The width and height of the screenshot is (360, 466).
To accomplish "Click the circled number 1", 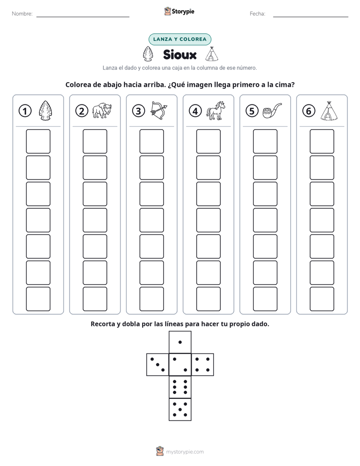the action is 25,111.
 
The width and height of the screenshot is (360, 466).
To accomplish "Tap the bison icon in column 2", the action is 101,110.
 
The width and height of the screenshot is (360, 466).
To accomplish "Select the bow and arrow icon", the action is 159,110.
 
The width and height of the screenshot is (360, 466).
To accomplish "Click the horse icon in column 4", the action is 216,110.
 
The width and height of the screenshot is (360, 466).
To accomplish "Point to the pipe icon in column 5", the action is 272,110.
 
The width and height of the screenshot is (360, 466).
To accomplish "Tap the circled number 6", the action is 309,111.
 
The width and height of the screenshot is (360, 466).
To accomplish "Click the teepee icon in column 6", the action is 329,110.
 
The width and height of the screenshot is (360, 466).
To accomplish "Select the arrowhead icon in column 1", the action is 45,110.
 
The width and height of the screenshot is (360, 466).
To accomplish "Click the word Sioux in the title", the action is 179,54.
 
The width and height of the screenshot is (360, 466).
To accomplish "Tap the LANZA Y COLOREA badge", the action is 179,39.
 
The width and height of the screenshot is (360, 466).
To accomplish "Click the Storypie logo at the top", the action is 179,11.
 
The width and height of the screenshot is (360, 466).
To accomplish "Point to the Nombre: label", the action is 22,14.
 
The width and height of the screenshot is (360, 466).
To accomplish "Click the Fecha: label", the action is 257,14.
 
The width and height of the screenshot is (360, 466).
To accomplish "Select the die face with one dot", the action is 180,342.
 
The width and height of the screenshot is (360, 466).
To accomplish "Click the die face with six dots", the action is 180,387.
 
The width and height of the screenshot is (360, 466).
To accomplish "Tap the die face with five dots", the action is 180,409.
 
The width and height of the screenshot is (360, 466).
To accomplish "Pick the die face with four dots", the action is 202,365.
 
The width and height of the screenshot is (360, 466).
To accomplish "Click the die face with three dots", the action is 158,365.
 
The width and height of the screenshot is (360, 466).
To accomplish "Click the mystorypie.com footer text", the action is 185,452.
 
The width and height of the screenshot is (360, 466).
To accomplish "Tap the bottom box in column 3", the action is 151,299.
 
